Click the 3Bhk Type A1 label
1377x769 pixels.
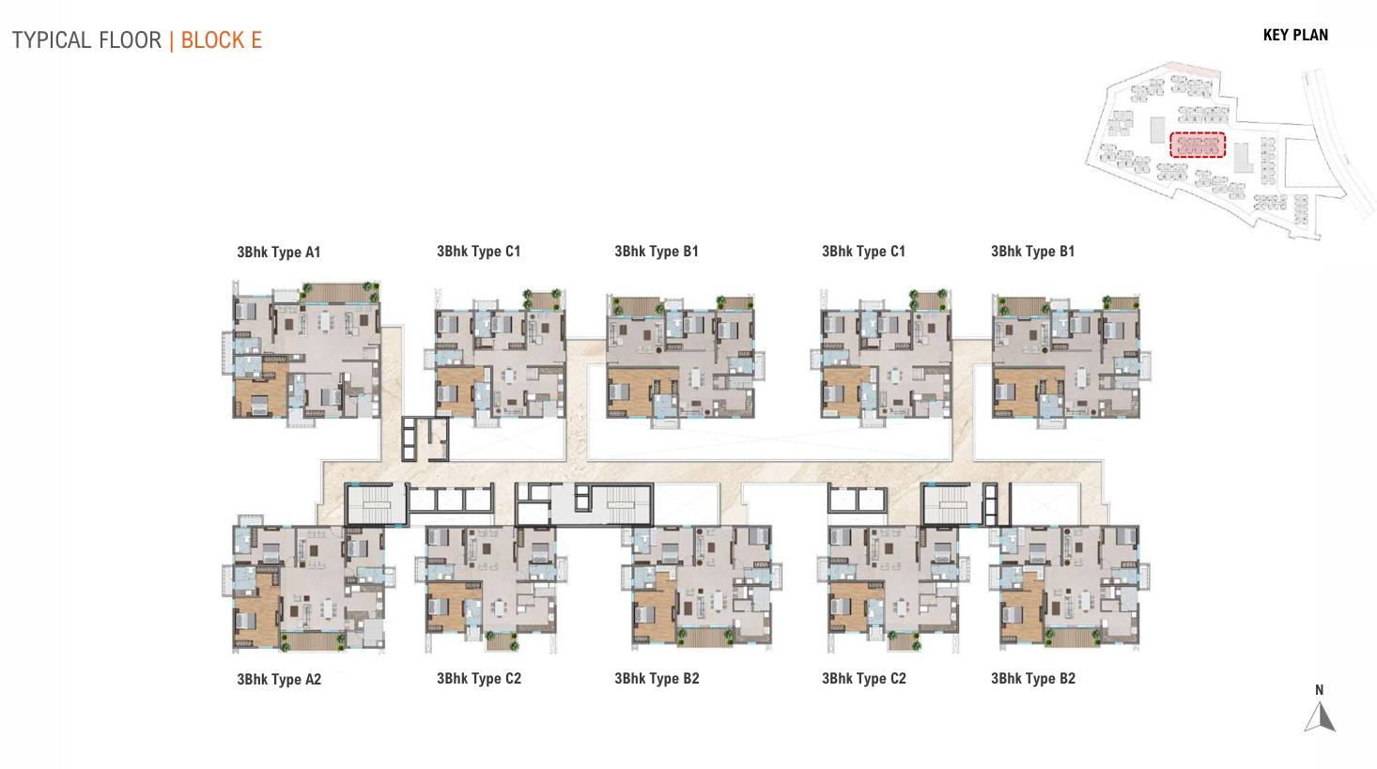pos(278,252)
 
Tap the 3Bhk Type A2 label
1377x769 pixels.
pos(279,679)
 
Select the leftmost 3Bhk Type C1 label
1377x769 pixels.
pos(478,252)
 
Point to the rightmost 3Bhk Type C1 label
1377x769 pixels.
pos(864,252)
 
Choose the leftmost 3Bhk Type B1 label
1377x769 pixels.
pos(657,252)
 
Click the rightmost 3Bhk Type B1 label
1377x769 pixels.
pos(1033,252)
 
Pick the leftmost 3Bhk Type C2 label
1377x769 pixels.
pos(479,679)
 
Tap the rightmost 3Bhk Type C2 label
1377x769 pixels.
pos(864,679)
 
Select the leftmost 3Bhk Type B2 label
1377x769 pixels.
pos(657,679)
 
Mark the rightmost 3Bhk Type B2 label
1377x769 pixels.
pos(1033,679)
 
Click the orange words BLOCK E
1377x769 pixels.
pos(222,40)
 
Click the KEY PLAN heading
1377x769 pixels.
pos(1296,35)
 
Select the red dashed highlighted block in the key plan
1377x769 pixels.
pos(1198,146)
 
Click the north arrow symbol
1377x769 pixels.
pos(1320,716)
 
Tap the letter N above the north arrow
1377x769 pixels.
pos(1319,690)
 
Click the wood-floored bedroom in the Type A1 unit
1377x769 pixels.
pos(260,391)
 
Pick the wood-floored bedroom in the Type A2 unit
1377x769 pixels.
pos(257,611)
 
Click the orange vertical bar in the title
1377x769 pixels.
pos(172,41)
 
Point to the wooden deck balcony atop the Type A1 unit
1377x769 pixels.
pos(335,293)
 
